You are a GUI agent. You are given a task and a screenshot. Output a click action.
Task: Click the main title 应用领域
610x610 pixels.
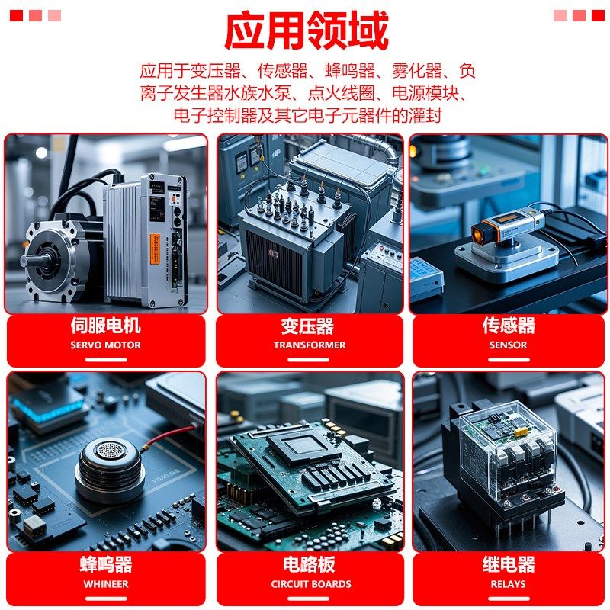pos(306,30)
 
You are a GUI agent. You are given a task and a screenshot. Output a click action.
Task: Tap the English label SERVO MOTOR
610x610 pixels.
pos(105,345)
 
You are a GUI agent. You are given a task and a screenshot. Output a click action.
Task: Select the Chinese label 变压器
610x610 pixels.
pos(307,326)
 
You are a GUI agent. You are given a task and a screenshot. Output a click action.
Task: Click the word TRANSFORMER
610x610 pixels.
pos(309,345)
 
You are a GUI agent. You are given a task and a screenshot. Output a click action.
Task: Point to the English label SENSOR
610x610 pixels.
pos(508,345)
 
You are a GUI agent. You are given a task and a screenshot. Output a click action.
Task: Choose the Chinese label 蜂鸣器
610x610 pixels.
pos(105,565)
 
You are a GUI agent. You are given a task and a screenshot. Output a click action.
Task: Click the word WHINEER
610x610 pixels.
pos(105,584)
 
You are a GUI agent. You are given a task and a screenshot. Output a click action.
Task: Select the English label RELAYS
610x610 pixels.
pos(508,584)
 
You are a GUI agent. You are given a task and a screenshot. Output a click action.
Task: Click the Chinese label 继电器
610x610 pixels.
pos(509,565)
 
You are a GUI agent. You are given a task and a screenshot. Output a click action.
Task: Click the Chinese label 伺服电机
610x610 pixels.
pos(105,326)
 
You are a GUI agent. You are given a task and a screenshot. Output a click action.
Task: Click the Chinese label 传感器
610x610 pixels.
pos(509,326)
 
